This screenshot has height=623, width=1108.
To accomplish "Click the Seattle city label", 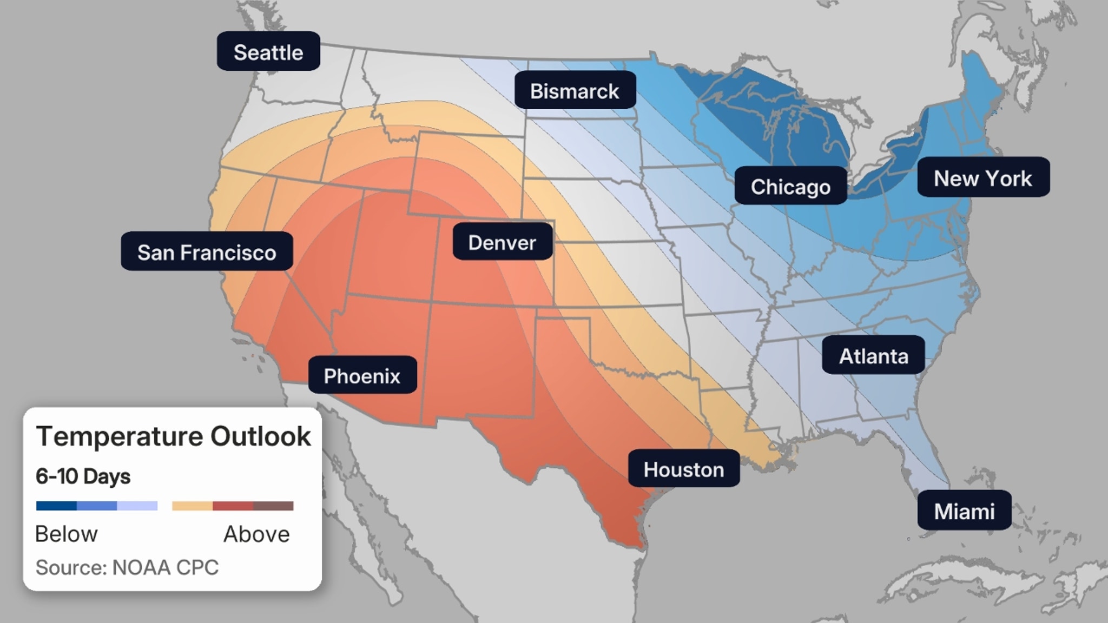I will [268, 51].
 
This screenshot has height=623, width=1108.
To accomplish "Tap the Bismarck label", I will [575, 90].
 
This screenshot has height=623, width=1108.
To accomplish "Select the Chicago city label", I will [790, 186].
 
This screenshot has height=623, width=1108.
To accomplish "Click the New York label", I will [983, 177].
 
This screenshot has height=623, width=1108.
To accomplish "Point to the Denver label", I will [502, 242].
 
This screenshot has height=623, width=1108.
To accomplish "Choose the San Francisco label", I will [207, 251].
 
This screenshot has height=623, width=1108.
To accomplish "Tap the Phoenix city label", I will [362, 375].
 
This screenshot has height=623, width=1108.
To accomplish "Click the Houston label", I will [683, 468].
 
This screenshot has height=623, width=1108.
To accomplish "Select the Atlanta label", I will [873, 355].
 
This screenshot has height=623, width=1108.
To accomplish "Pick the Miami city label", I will [964, 511].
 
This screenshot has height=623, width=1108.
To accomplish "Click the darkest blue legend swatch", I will [56, 506].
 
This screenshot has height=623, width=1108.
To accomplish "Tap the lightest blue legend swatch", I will [137, 506].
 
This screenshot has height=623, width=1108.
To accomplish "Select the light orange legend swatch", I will [192, 506].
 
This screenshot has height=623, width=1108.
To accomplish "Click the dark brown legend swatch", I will [273, 506].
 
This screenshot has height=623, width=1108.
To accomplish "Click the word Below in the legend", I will [67, 534].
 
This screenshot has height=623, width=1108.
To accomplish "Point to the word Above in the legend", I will [256, 534].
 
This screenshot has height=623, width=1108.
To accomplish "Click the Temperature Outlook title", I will [173, 436].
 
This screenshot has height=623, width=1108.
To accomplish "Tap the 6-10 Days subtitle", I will [83, 476].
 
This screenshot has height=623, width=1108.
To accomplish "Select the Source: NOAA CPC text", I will [127, 567].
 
